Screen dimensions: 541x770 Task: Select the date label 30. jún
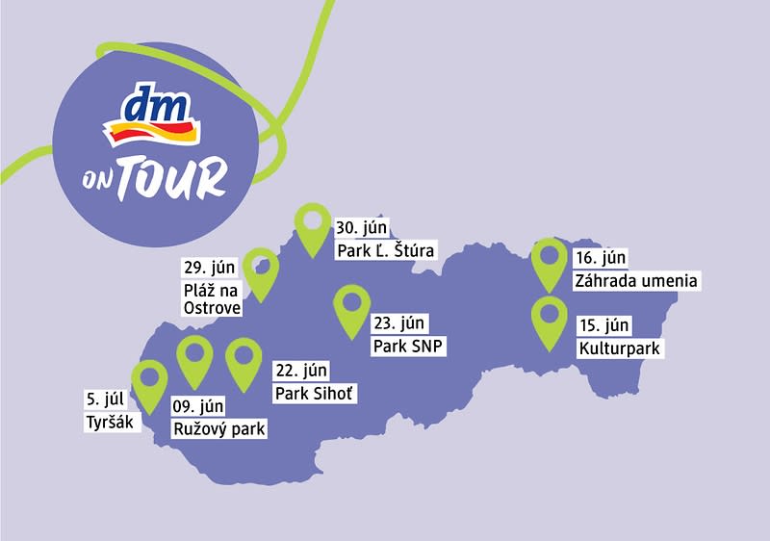(x=361, y=228)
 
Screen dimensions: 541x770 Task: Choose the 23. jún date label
(x=398, y=323)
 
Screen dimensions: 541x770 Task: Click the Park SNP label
(x=409, y=346)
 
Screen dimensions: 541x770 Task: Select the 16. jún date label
(x=601, y=259)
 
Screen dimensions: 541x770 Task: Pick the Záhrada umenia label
(x=635, y=281)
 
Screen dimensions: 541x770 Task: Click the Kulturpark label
(x=621, y=348)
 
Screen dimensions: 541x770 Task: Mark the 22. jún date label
(x=302, y=371)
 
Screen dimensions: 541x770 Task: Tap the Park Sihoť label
(x=315, y=393)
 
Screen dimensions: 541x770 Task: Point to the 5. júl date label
(x=107, y=399)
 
